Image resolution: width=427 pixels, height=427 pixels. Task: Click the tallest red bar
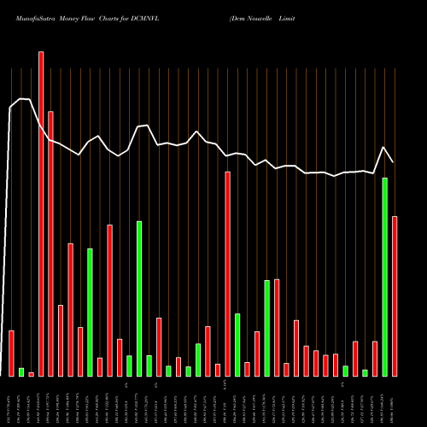point(41,213)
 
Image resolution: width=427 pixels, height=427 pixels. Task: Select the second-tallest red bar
point(50,243)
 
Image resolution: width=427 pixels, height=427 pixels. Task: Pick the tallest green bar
point(384,277)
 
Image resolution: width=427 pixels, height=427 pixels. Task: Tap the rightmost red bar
point(395,295)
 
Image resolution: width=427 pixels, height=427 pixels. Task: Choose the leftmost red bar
point(11,353)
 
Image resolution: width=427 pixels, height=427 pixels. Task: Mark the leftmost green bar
point(21,371)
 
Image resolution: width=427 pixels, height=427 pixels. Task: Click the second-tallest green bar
point(139,298)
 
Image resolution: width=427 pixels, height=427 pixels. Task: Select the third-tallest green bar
point(90,312)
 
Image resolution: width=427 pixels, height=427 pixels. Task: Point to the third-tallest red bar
point(228,273)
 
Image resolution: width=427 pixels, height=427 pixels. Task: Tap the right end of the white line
point(394,162)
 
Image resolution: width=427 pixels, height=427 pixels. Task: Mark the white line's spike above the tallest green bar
point(384,148)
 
